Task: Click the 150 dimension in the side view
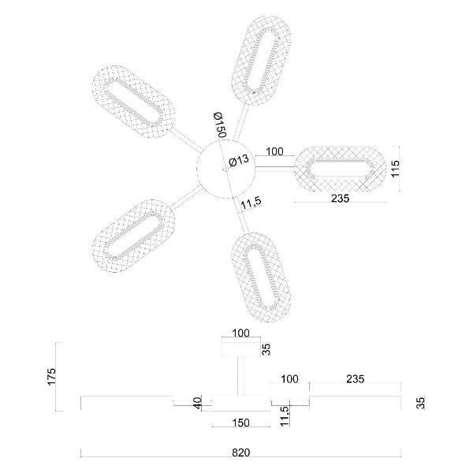coord(241,423)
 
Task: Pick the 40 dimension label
coord(196,404)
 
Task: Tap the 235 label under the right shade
coord(340,199)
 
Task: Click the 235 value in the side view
coord(355,379)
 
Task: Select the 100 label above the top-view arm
coord(274,151)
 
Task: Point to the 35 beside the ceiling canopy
coord(266,348)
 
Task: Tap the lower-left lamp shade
coord(131,235)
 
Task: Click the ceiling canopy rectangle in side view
coord(241,348)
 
